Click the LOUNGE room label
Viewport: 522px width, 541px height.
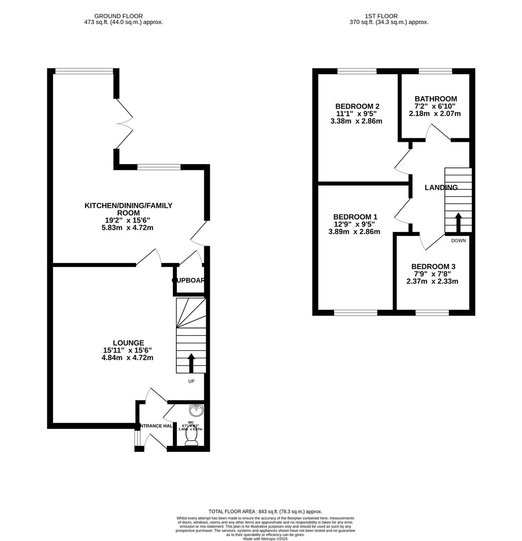128,343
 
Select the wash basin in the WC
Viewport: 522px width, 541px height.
196,410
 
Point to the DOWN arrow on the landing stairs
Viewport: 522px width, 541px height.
458,222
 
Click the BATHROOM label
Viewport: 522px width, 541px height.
435,99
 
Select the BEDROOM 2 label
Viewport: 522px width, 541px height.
357,106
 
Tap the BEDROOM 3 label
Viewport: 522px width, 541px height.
433,266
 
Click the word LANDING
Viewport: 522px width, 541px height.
441,188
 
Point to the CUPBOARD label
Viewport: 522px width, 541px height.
190,281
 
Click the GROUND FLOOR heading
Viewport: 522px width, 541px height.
119,16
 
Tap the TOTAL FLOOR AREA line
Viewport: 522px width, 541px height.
265,511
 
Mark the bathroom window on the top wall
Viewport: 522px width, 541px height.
435,71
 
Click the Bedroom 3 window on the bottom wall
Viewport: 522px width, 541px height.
432,313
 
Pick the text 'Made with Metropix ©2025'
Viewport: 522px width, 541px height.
265,538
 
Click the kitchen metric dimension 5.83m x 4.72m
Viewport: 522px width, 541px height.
128,228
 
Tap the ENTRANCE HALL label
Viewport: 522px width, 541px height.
155,426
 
